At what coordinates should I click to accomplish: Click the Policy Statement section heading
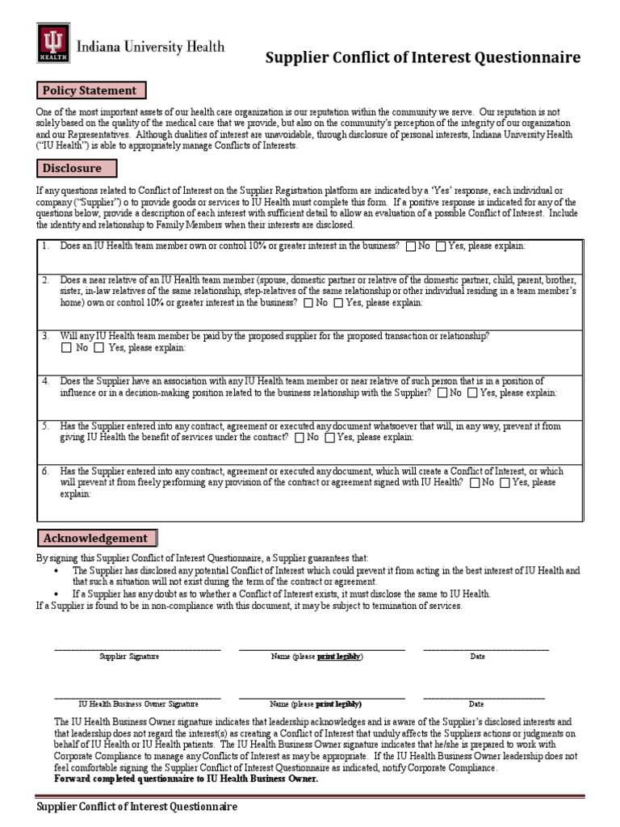point(90,90)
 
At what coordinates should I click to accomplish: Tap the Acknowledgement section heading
point(95,538)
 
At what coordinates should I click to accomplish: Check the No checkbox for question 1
point(412,246)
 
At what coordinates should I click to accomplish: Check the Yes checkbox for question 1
point(441,246)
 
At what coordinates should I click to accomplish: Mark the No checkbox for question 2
point(309,303)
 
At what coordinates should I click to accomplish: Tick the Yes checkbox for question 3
point(98,348)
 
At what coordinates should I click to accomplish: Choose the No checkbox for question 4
point(442,393)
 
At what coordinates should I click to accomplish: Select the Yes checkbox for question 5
point(329,438)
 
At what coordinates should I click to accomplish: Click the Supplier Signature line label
point(129,657)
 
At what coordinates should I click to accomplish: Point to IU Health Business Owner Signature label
point(138,704)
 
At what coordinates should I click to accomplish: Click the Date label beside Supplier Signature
point(477,657)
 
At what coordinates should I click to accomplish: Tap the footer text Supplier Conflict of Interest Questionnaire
point(137,807)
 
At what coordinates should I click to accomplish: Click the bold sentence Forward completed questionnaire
point(186,779)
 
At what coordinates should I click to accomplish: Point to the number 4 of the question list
point(46,381)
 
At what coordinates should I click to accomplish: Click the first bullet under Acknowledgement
point(56,571)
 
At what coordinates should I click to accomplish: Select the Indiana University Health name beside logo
point(151,47)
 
